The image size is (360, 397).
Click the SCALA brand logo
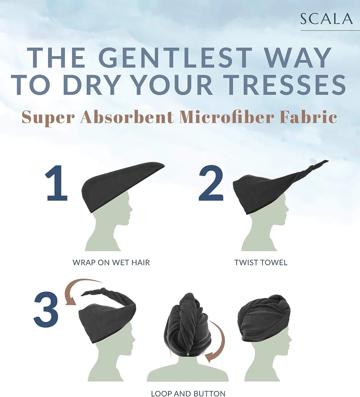[327, 19]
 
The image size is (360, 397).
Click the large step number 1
[56, 183]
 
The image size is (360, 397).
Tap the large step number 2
[211, 183]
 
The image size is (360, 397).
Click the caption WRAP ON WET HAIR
[111, 263]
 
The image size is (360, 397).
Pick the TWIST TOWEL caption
[261, 263]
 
